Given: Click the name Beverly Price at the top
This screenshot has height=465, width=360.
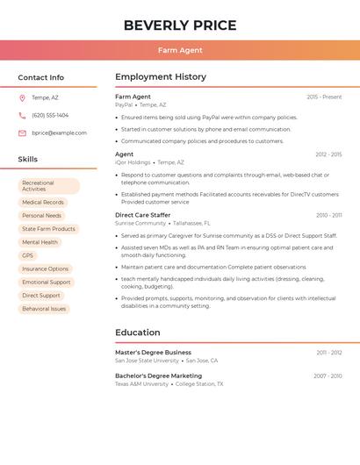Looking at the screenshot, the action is tap(180, 25).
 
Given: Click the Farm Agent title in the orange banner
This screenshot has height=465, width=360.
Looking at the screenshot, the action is tap(180, 51).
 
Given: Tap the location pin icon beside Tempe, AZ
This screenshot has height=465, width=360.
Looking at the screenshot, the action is tap(22, 98).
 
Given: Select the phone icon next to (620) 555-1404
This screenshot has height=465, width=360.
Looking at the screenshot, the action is tap(22, 115).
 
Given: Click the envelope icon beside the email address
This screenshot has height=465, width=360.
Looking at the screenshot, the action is tap(22, 133).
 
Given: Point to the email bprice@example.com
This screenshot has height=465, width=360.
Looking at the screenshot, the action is tap(59, 133).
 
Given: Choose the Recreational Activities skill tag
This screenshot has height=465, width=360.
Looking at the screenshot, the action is tap(49, 186).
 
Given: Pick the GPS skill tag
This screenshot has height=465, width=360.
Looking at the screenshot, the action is tap(28, 255).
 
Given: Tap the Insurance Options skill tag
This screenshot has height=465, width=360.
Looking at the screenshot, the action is tap(46, 269).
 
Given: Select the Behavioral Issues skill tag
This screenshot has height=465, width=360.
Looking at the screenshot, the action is tap(44, 309).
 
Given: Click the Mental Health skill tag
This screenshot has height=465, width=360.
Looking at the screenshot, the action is tap(40, 242).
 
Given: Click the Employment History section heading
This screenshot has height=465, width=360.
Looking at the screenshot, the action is tap(161, 77).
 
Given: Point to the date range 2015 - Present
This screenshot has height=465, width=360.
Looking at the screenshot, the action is tap(324, 97).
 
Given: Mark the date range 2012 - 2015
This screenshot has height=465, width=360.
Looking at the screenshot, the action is tap(328, 154).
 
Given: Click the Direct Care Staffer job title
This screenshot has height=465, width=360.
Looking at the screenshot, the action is tap(143, 215).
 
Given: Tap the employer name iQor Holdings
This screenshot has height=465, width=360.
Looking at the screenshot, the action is tap(133, 162).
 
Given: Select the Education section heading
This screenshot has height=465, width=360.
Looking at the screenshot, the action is tap(138, 333).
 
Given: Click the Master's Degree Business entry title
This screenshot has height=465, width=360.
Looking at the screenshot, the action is tap(153, 353).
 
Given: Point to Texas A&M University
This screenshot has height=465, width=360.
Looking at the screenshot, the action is tap(141, 384).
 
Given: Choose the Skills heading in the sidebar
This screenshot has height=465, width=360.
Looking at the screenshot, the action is tap(28, 160).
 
